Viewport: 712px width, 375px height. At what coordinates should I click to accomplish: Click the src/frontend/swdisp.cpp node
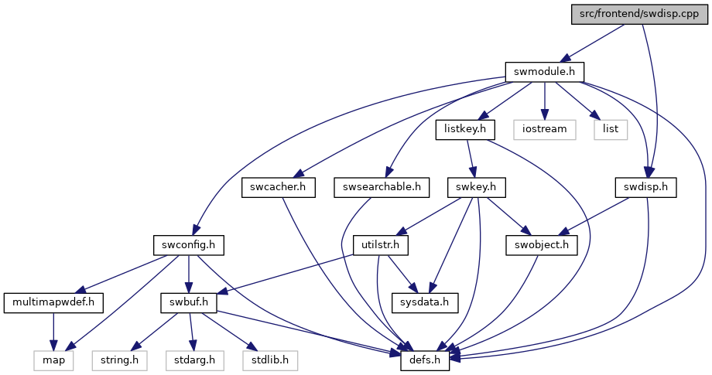639,14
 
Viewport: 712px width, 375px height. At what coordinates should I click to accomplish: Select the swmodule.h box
544,72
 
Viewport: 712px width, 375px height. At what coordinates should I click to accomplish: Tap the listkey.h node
465,130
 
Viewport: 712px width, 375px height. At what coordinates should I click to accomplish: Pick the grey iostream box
544,130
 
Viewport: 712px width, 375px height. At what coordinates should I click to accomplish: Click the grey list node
611,130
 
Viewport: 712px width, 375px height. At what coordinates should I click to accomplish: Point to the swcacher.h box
279,187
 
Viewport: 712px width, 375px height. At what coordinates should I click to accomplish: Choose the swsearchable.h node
382,187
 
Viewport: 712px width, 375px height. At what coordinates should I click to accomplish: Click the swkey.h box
476,187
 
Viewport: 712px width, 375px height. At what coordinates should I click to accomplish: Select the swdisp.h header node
645,187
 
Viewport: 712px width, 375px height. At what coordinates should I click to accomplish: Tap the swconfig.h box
188,245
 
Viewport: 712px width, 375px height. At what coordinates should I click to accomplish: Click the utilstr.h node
381,245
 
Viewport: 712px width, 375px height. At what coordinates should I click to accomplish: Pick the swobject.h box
542,245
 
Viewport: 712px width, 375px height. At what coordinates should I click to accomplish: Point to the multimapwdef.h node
53,303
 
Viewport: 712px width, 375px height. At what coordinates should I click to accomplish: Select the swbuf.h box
188,303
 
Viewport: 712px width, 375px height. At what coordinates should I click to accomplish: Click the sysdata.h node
425,303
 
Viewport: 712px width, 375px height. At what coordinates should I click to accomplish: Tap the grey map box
53,360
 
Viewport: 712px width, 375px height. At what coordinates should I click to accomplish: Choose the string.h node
120,360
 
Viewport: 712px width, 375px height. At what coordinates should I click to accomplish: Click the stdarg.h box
194,360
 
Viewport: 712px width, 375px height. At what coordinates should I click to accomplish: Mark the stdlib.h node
270,360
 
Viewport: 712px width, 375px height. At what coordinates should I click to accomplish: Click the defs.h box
425,360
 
